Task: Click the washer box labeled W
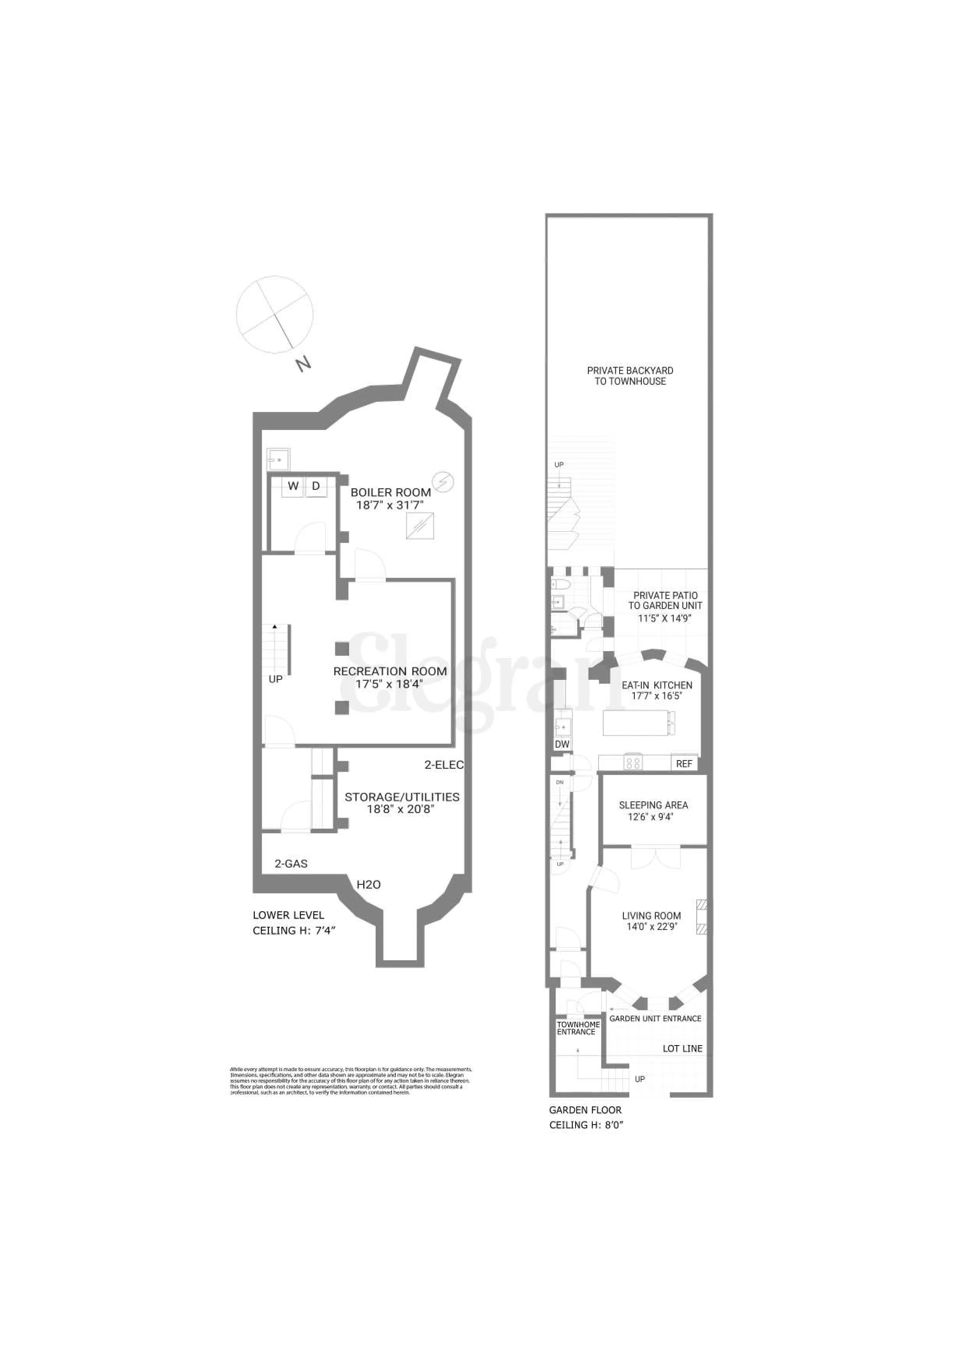point(293,486)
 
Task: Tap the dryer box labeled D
point(316,486)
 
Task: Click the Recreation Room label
point(390,671)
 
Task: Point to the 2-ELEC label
point(443,765)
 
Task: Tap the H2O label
point(368,885)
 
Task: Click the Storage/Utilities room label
point(402,797)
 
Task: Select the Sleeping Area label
point(653,805)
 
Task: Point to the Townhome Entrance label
point(578,1028)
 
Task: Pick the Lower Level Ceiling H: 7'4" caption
point(295,923)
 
